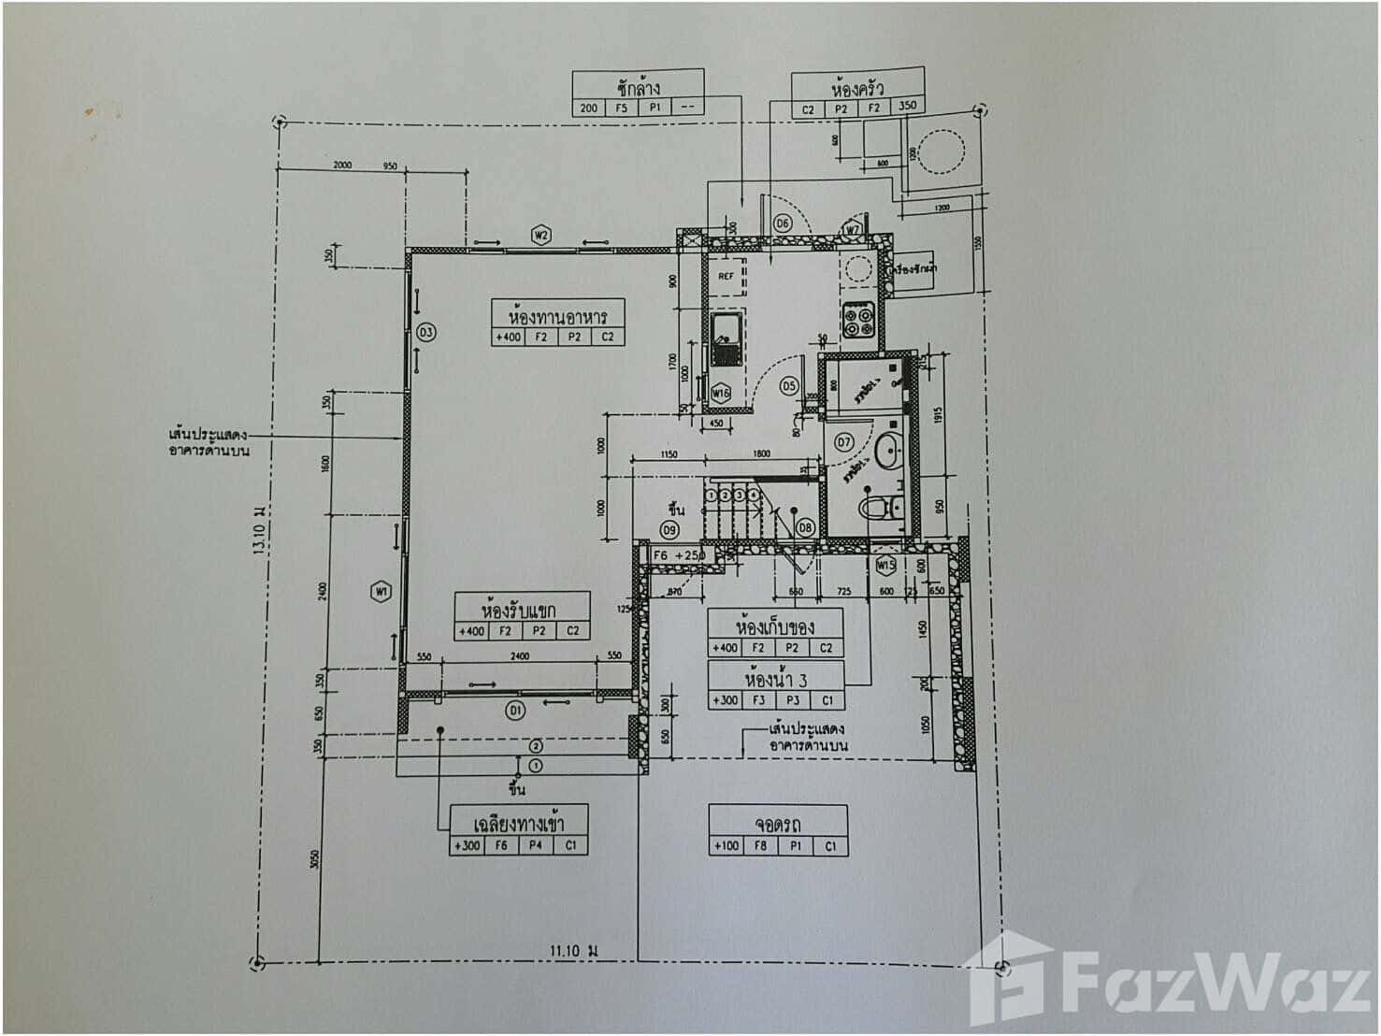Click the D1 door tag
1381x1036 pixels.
[515, 712]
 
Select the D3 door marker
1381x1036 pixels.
[425, 331]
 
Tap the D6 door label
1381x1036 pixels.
[783, 223]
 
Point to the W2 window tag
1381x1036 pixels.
[540, 235]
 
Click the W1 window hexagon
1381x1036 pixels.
[380, 591]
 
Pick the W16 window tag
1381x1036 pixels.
[720, 394]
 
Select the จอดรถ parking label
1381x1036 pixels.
[778, 824]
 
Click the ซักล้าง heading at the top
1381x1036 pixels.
[639, 88]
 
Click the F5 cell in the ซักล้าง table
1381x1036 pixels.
[622, 108]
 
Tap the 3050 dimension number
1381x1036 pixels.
[315, 858]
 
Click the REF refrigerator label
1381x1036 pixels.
[726, 277]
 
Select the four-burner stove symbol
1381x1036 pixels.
[859, 322]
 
